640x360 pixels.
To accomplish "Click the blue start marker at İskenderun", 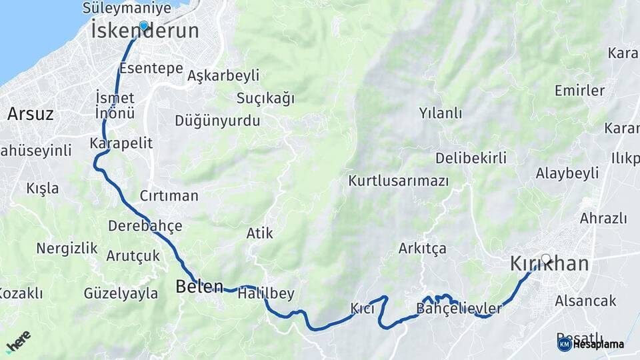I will (143, 25).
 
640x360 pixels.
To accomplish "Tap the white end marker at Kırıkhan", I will (546, 259).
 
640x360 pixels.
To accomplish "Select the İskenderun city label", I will (145, 31).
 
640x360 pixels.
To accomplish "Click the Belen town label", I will (199, 287).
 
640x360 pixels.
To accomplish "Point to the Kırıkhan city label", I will (549, 264).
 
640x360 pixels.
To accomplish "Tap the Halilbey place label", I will (266, 293).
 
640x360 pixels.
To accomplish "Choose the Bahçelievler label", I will (459, 308).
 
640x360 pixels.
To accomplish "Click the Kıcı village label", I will (363, 308).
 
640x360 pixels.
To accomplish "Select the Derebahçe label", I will (145, 226).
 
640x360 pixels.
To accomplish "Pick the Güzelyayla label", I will (121, 293).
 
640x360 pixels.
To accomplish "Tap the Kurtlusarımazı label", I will (398, 181).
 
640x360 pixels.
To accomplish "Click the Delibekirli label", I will (471, 158).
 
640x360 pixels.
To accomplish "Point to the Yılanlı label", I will (440, 113).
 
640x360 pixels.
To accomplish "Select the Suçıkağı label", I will (265, 99).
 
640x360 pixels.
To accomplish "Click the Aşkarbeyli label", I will (223, 75).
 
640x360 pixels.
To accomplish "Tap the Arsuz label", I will (30, 114).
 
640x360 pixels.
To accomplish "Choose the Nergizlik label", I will (67, 249).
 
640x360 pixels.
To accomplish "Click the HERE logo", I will (18, 341).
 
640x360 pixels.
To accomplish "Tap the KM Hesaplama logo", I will (591, 344).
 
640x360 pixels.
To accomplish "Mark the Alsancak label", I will (585, 301).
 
